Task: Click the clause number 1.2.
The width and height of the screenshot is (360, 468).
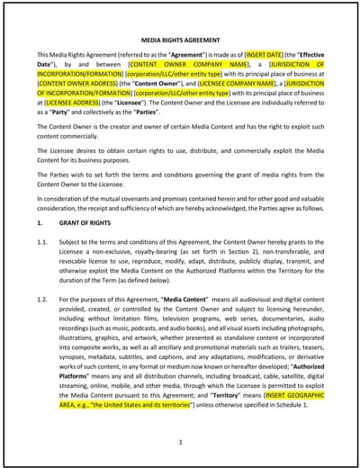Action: [42, 299]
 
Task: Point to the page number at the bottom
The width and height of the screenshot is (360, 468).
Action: [180, 443]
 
